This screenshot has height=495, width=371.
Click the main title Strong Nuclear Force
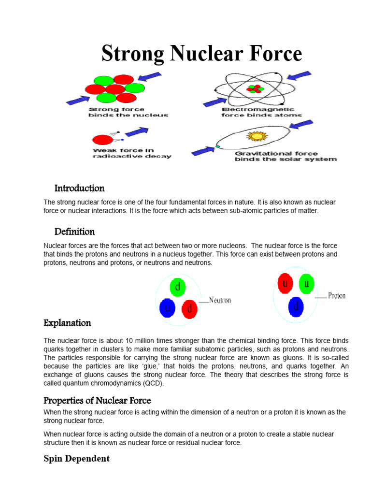[x=201, y=54]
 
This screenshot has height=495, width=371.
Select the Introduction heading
[x=79, y=188]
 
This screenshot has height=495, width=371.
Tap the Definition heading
[x=74, y=232]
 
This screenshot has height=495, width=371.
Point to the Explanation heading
[x=67, y=322]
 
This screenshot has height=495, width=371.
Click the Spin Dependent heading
[x=76, y=458]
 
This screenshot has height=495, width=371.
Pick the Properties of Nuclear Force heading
[x=97, y=400]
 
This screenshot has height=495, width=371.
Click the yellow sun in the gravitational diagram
[x=256, y=136]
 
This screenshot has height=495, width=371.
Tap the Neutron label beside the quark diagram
[x=220, y=300]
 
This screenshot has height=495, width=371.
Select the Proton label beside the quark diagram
[x=337, y=295]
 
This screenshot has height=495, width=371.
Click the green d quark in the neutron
[x=178, y=288]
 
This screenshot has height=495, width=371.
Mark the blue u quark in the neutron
[x=167, y=308]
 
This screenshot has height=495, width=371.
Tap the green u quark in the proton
[x=306, y=284]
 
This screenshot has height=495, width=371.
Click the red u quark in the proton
[x=286, y=283]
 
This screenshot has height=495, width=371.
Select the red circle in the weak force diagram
[x=102, y=140]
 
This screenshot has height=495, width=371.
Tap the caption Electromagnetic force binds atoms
[x=261, y=112]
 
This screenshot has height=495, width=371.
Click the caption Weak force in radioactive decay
[x=131, y=153]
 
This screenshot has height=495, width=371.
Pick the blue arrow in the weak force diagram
[x=137, y=131]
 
